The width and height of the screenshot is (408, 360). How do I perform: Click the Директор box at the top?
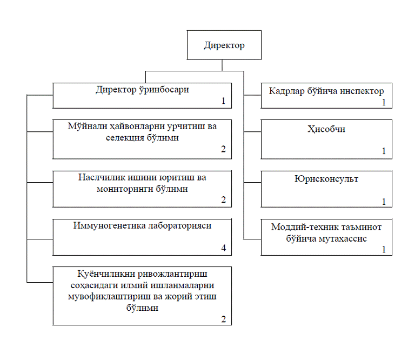pos(224,45)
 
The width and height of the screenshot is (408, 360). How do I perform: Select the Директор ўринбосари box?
pos(142,95)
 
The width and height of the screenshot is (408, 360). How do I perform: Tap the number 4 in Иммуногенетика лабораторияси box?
pos(223,249)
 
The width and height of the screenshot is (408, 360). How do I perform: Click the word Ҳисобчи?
pos(326,130)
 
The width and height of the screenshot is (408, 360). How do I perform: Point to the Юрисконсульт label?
pos(326,179)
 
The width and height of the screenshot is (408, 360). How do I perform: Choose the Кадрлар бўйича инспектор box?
pos(326,95)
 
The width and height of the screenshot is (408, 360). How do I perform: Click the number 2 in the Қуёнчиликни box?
pos(223,319)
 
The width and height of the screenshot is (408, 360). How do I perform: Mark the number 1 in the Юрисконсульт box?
pos(384,202)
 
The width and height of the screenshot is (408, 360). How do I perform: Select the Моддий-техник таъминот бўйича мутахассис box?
pos(326,237)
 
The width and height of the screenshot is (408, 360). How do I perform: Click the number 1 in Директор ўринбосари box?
pos(223,101)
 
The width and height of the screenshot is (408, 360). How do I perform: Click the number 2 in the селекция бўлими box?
pos(223,149)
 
